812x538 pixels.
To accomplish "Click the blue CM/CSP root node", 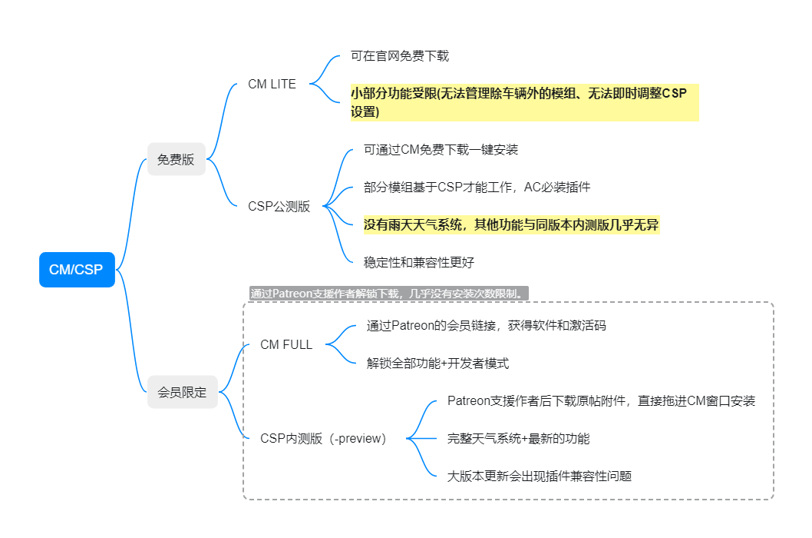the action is (x=77, y=269).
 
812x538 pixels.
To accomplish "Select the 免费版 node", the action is (x=176, y=159).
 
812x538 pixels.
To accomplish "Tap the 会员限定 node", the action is (x=183, y=392).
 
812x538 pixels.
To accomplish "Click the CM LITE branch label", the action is (x=272, y=84).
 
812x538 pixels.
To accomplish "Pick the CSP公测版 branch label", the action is (x=279, y=207).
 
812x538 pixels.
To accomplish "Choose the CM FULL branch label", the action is (x=286, y=344).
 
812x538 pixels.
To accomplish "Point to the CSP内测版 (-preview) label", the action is (x=323, y=438).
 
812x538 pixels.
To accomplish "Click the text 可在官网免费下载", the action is (x=400, y=56).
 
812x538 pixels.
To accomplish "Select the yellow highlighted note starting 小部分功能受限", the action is (x=525, y=102).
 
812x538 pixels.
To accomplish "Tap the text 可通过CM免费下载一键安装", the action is (x=441, y=150).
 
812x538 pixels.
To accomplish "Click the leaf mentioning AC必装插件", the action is (x=477, y=188).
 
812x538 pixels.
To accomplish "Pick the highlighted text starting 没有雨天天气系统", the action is (x=511, y=224).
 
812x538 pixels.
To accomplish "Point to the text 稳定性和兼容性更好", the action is (x=419, y=263).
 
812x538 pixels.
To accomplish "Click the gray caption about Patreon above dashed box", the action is (x=389, y=294).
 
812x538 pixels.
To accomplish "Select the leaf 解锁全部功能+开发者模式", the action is (x=437, y=364).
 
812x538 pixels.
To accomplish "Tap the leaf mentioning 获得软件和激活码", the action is (x=487, y=326).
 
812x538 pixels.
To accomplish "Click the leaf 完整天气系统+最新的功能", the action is (x=518, y=438).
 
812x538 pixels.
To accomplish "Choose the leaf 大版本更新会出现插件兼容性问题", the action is (x=540, y=477).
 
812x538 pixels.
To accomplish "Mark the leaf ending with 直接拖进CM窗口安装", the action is (x=601, y=401).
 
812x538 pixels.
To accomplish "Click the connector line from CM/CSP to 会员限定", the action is (x=131, y=332).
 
